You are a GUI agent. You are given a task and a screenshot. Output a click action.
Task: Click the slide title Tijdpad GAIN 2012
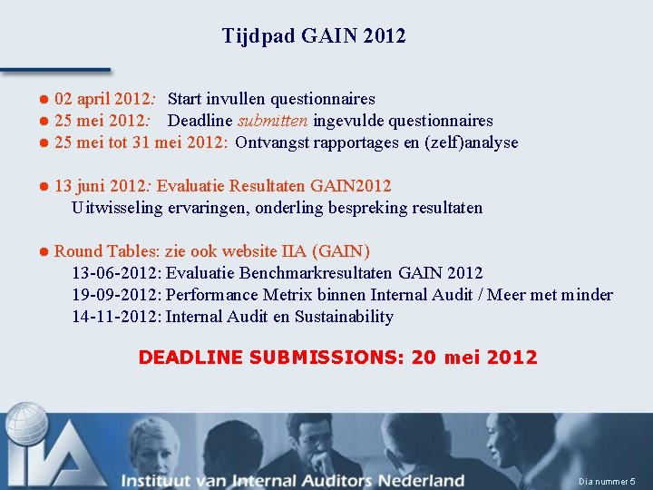point(314,36)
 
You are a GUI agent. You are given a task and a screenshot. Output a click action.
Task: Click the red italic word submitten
point(273,121)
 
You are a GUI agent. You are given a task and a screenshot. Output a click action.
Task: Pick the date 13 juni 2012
point(100,186)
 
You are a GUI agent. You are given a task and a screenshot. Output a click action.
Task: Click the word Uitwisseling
point(118,208)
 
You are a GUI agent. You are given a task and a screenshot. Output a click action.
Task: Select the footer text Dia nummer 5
point(607,481)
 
